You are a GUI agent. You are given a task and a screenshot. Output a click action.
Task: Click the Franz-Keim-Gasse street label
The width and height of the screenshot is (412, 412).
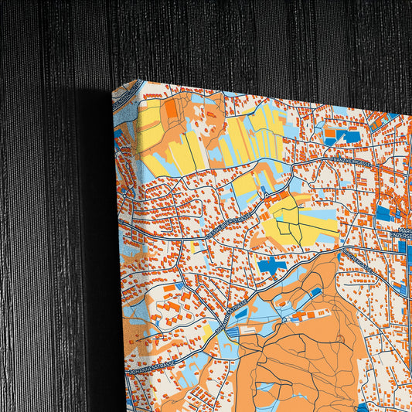[x=352, y=164]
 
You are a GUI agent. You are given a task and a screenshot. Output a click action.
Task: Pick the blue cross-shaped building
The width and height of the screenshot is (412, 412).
[x=271, y=266]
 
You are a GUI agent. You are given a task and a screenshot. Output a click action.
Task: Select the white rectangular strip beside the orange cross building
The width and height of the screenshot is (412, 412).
[x=251, y=328]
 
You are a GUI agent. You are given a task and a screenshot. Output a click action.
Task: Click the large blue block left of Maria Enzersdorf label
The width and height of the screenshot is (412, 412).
[x=383, y=212]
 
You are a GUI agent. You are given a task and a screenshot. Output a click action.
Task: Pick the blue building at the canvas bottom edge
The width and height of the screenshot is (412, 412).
[x=363, y=407]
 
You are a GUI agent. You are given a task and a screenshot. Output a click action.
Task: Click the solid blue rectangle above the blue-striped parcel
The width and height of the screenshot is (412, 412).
[x=179, y=287]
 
